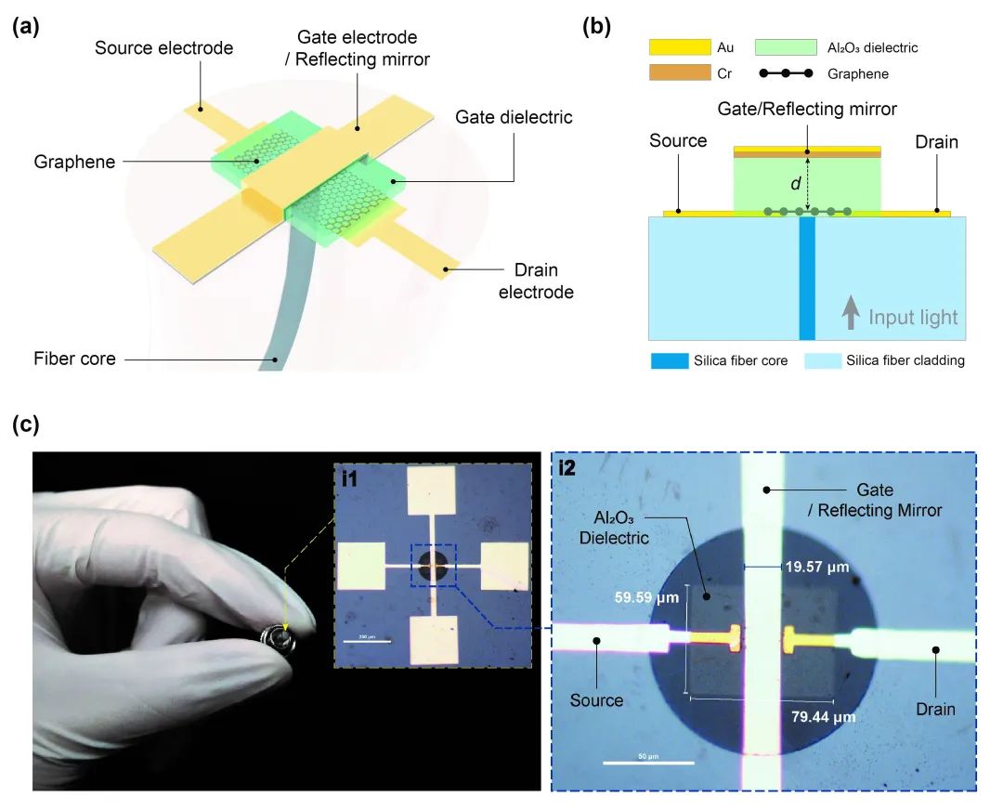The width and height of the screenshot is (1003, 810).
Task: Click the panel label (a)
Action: (26, 27)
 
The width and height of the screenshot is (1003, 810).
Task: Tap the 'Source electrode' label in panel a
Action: (163, 47)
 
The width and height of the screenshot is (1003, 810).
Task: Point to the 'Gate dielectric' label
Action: (514, 118)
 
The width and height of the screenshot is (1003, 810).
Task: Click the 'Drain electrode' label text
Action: (536, 281)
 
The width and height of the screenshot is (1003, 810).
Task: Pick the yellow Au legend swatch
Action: (680, 47)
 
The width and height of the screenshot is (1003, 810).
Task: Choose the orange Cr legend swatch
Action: (680, 73)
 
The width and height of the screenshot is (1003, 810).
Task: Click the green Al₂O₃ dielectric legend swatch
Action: (787, 47)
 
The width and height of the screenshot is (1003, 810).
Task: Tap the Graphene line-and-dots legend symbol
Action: (787, 73)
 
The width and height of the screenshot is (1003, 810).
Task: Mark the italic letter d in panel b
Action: (795, 184)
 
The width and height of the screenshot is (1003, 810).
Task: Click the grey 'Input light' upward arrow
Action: (850, 316)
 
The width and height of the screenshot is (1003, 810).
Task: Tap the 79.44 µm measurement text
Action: (822, 716)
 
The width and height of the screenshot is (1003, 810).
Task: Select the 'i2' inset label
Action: (567, 468)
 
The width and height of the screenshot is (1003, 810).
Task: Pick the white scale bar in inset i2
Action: (649, 764)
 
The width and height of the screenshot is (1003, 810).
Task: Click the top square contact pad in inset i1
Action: (433, 490)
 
